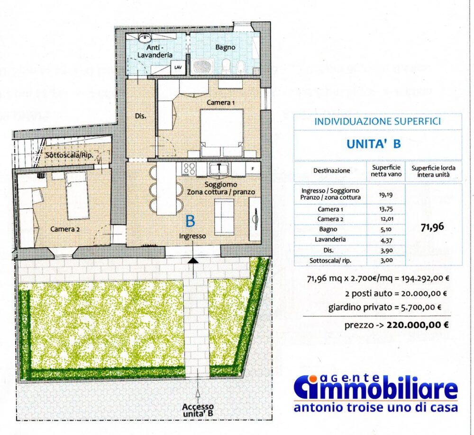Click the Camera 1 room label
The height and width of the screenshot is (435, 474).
[x=221, y=103]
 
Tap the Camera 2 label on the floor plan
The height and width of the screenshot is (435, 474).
[x=65, y=229]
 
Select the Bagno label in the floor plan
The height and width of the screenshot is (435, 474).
[x=225, y=47]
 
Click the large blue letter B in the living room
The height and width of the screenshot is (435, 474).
[x=191, y=221]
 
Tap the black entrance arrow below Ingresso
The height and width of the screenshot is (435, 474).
[x=193, y=260]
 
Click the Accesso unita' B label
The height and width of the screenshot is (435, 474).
[x=198, y=409]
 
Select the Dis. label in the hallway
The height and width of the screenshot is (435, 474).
[x=140, y=116]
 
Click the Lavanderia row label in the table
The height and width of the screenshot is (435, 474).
[x=330, y=240]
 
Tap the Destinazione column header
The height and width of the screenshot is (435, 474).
[x=332, y=170]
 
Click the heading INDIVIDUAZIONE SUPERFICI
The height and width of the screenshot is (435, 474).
[x=377, y=122]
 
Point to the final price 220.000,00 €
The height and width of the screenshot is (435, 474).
[x=417, y=325]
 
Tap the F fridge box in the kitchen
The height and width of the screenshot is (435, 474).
[x=253, y=168]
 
